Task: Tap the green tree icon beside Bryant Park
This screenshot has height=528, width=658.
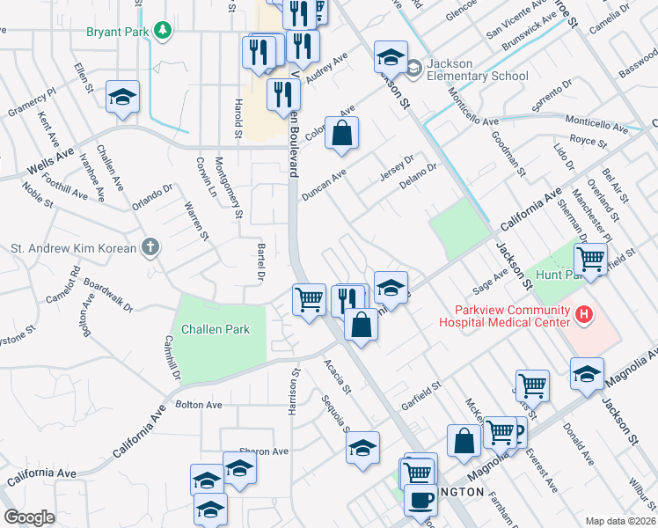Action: coord(162,33)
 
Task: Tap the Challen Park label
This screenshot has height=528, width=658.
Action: coord(216,330)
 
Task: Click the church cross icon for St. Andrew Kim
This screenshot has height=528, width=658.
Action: coord(151,247)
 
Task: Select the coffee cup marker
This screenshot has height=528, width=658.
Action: coord(420,500)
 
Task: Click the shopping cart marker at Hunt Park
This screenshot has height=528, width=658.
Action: coord(590,259)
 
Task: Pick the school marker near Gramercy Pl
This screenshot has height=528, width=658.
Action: coord(122,97)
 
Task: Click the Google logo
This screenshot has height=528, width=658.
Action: coord(29,517)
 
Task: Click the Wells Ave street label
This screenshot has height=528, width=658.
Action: coord(49,159)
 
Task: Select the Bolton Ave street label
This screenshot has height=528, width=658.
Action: coord(199,405)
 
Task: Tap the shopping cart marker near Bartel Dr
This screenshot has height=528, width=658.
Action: coord(309,300)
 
